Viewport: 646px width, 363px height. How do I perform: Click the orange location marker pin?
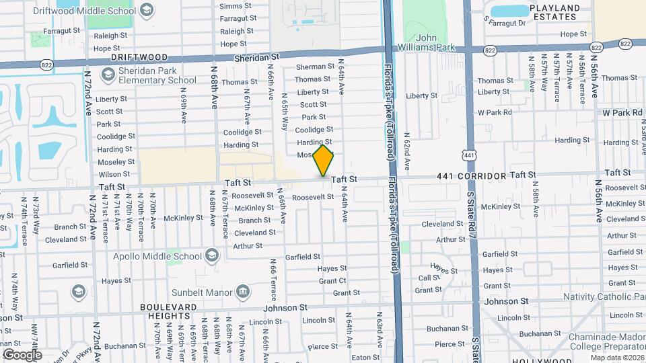[x=323, y=160]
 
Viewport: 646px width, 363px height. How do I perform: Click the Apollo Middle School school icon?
[x=213, y=255]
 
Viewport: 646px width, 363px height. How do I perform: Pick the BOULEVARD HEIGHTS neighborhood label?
[x=170, y=311]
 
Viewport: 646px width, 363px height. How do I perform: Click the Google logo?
[x=22, y=354]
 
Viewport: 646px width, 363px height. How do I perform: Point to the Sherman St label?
[x=315, y=67]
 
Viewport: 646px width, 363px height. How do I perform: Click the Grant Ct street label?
[x=332, y=280]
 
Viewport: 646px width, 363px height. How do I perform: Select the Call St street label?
[x=429, y=278]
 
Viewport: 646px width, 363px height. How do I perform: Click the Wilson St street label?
[x=114, y=174]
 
